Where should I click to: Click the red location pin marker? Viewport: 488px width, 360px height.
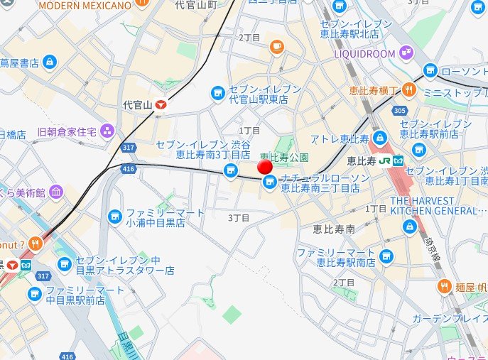(x=265, y=167)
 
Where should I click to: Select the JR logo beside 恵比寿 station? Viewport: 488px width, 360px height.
(x=384, y=160)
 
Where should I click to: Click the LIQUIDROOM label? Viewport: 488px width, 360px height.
(x=364, y=53)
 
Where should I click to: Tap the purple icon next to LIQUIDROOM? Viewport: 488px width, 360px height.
(x=406, y=52)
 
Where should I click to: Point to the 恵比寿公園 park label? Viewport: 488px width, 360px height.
(x=284, y=156)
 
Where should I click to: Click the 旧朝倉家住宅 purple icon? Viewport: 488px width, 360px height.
(x=107, y=131)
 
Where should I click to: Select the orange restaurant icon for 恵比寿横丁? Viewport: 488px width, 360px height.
(x=408, y=89)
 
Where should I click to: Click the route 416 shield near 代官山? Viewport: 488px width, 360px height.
(x=129, y=169)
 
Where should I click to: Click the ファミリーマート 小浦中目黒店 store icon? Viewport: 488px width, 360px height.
(x=114, y=216)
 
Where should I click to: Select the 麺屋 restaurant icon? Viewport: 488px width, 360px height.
(x=443, y=287)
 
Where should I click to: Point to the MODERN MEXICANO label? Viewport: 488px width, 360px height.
(x=85, y=6)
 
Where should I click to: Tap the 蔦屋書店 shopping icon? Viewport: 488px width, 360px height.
(x=48, y=63)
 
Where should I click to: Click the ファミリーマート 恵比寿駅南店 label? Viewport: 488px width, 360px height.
(x=336, y=258)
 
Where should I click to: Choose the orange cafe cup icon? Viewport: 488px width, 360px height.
(x=277, y=48)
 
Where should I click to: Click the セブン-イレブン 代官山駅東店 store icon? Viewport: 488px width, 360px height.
(x=218, y=92)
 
